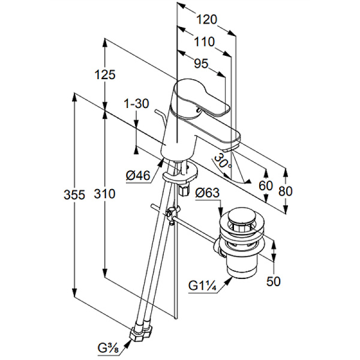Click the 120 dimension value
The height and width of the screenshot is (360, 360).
pos(206,20)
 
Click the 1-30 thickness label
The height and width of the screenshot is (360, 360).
pos(136,103)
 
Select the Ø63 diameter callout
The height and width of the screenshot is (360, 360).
pos(208,193)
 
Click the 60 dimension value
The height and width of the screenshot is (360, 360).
pos(265,185)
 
